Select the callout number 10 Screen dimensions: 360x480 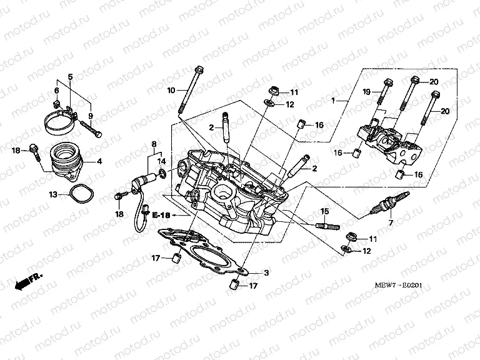click(x=170, y=91)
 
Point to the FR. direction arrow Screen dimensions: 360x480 click(x=29, y=281)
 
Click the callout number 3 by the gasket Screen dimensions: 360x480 click(x=266, y=273)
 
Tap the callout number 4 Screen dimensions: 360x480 click(x=98, y=161)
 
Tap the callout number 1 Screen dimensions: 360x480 click(x=334, y=101)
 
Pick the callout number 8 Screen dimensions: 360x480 click(x=154, y=145)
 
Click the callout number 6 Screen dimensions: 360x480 click(x=57, y=91)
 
